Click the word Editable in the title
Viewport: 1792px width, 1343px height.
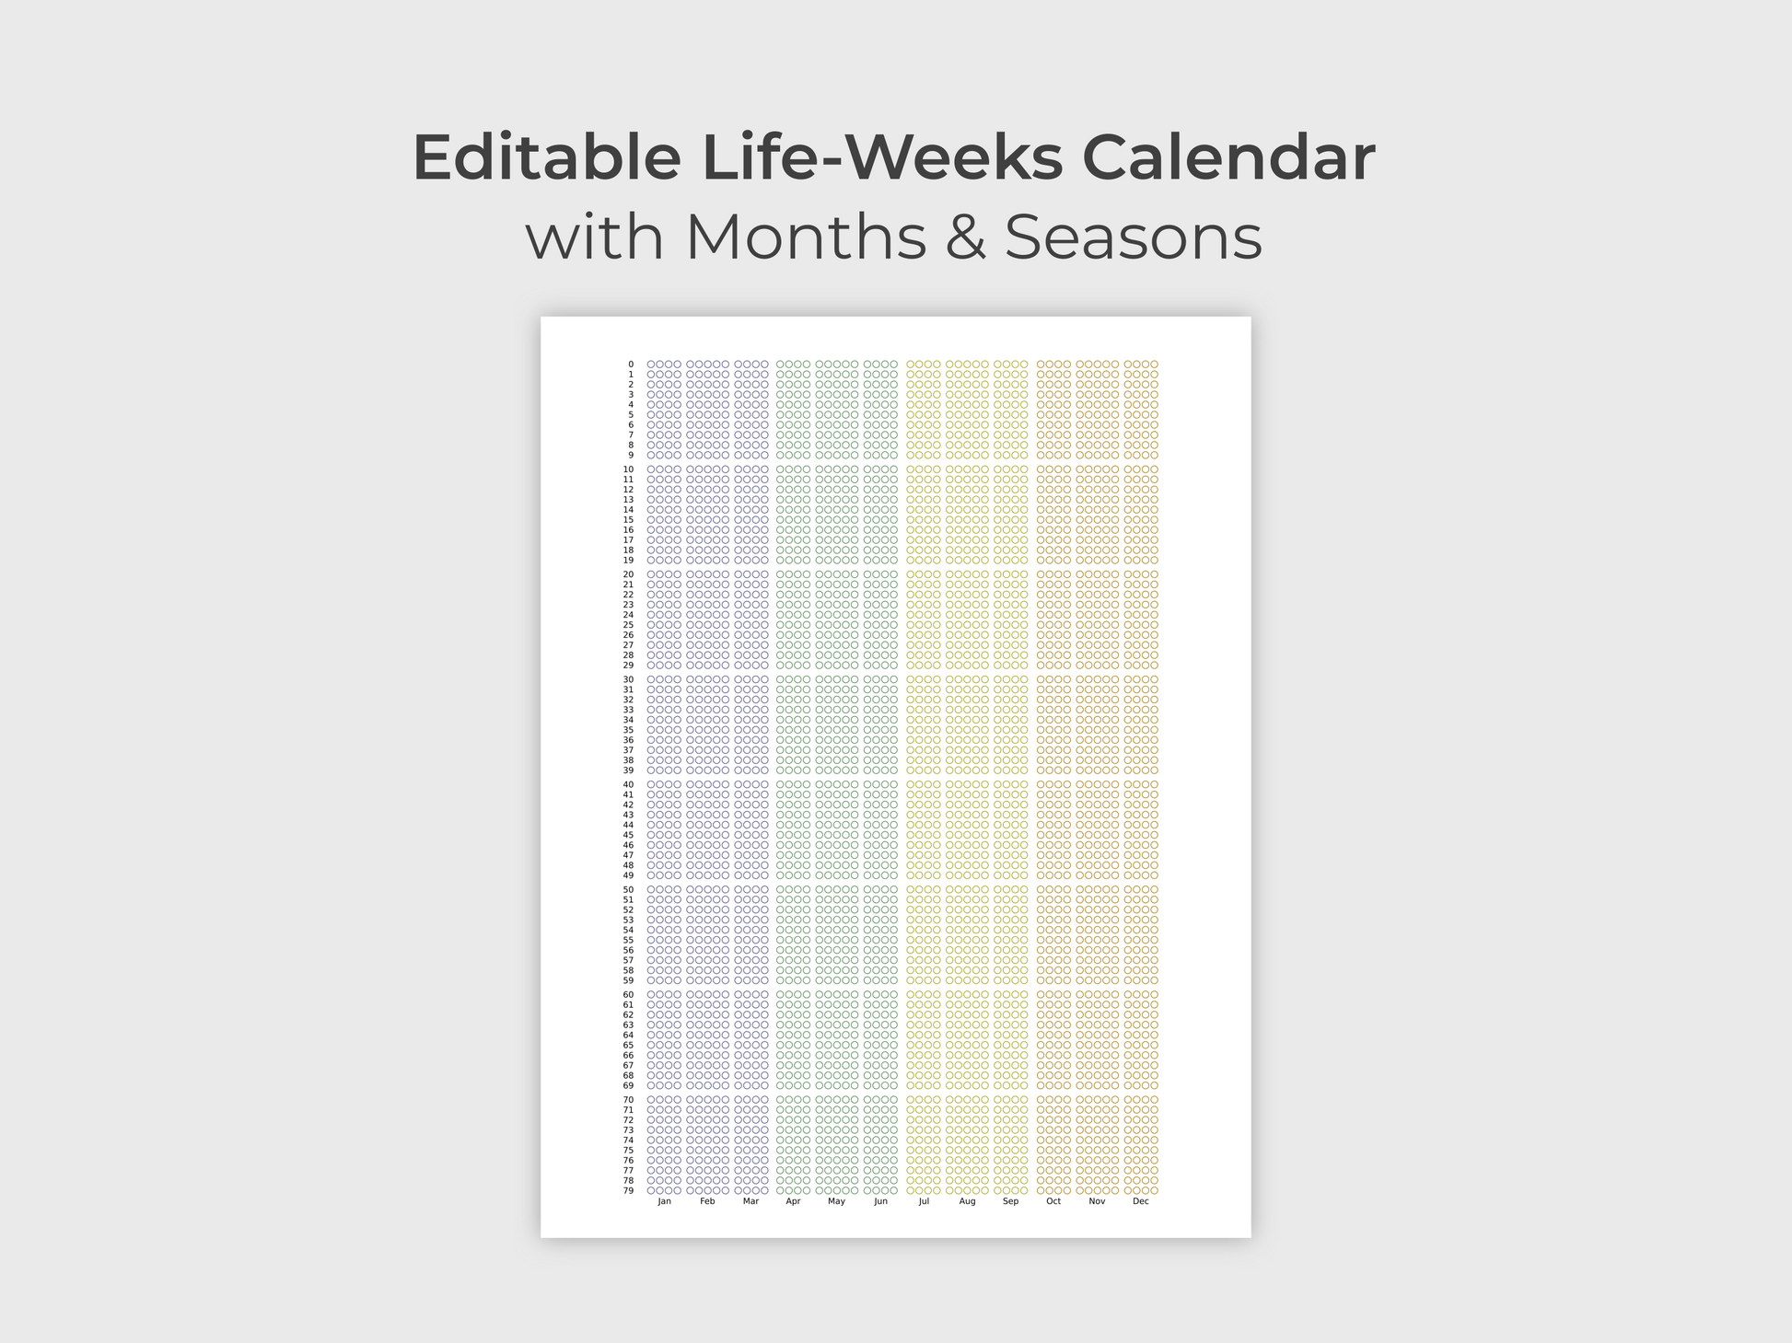point(547,157)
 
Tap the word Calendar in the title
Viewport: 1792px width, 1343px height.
point(1228,157)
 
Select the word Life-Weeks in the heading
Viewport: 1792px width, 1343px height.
point(881,157)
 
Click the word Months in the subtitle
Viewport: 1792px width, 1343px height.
point(806,237)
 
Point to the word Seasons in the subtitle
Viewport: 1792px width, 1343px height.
point(1133,237)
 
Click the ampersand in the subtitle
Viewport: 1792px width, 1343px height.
point(965,237)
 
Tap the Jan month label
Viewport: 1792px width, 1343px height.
point(664,1201)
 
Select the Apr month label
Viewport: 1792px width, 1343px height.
point(793,1201)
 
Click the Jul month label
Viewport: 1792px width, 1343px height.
point(924,1201)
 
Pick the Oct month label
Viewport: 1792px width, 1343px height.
point(1053,1201)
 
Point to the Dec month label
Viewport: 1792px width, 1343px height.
point(1141,1201)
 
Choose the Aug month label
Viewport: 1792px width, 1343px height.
point(967,1201)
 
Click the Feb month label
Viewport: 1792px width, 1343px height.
point(707,1201)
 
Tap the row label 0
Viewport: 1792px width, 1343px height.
point(631,365)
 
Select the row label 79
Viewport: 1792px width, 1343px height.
point(628,1190)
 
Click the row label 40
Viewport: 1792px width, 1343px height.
point(628,784)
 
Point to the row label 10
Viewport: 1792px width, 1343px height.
point(628,469)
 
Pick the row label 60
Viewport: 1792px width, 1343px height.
point(628,994)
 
